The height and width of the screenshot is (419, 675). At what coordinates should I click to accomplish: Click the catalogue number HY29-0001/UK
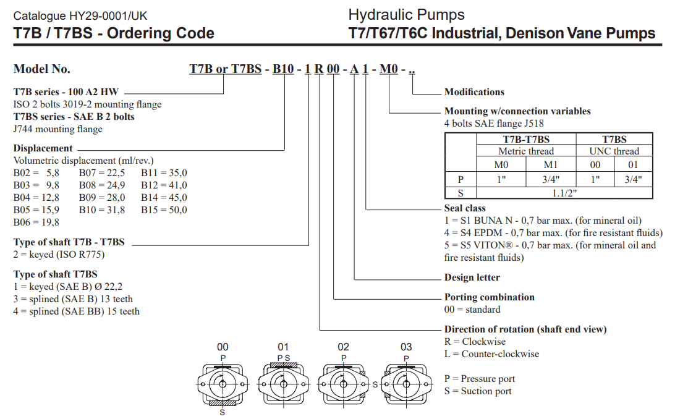coord(80,15)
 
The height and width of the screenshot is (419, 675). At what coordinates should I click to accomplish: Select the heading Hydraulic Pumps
coord(406,14)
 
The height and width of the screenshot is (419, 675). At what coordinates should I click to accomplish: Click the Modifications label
coord(474,92)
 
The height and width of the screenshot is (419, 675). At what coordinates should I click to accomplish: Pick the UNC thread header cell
coord(614,151)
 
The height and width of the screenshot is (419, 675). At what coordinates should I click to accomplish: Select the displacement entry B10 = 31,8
coord(102,210)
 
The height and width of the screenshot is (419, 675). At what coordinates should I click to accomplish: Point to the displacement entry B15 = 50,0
coord(164,210)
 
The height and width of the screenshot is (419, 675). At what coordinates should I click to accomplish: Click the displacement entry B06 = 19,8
coord(36,222)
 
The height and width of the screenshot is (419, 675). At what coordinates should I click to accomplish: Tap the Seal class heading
coord(465,208)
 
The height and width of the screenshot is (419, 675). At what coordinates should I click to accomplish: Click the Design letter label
coord(472,277)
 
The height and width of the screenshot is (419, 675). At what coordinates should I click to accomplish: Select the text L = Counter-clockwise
coord(491,354)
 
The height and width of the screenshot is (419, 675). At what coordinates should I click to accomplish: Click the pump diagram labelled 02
coord(343,383)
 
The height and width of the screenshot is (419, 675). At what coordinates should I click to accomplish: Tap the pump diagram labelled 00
coord(223,384)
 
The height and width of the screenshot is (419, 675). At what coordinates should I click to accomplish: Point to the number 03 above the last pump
coord(406,347)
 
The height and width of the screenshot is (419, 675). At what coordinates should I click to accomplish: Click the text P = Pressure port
coord(479,379)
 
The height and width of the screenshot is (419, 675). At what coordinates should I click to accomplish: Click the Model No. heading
coord(42,69)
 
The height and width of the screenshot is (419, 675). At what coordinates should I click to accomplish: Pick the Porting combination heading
coord(489,297)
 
